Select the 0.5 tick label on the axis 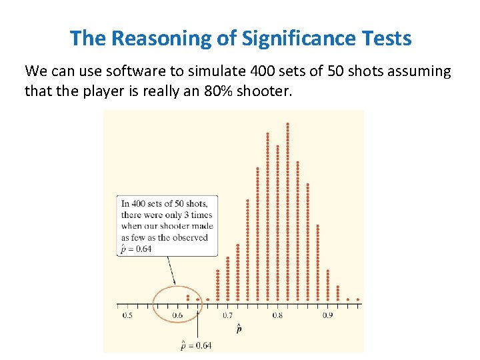pyautogui.click(x=127, y=315)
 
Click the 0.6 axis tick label pyautogui.click(x=177, y=315)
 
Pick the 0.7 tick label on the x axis pyautogui.click(x=227, y=315)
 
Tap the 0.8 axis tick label pyautogui.click(x=277, y=315)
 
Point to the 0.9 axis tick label pyautogui.click(x=327, y=315)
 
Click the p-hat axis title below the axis pyautogui.click(x=239, y=328)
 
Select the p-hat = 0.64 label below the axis pyautogui.click(x=196, y=344)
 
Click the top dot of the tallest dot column pyautogui.click(x=287, y=123)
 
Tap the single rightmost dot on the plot pyautogui.click(x=357, y=299)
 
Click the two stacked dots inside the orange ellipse pyautogui.click(x=188, y=297)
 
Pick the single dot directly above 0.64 pyautogui.click(x=198, y=299)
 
